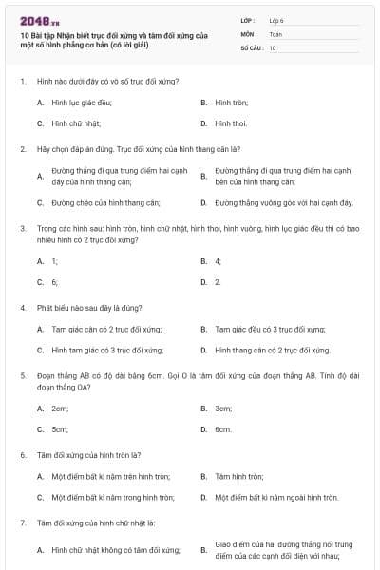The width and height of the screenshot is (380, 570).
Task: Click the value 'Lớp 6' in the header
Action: click(276, 19)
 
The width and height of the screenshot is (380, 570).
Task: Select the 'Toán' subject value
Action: click(275, 33)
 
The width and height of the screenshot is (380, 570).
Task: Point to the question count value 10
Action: click(273, 47)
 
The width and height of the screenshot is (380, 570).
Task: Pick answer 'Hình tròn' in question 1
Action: click(231, 102)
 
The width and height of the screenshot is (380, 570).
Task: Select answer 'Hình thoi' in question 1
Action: click(231, 123)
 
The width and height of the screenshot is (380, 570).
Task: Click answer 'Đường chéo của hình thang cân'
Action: click(105, 202)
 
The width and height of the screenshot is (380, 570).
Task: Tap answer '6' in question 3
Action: click(55, 282)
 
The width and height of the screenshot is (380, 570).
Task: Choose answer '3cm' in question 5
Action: click(223, 408)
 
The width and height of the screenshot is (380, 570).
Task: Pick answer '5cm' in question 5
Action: click(61, 429)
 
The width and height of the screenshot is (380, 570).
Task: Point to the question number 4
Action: click(22, 308)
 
